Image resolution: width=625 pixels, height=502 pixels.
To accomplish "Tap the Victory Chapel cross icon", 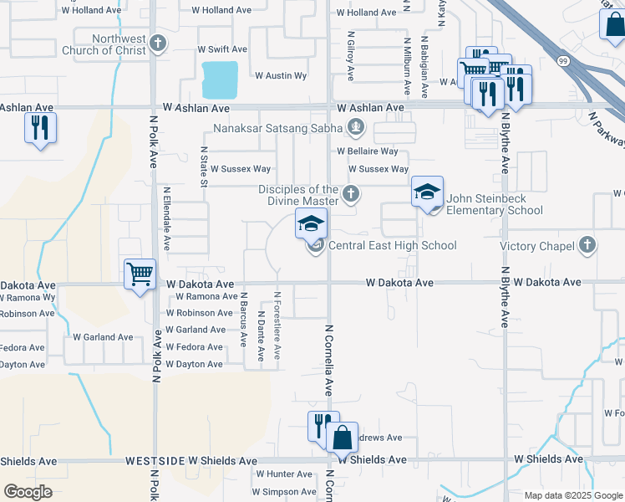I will [x=587, y=245].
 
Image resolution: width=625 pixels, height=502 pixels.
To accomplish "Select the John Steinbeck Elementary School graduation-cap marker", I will [x=427, y=193].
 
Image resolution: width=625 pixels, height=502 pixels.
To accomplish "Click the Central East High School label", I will [x=393, y=245].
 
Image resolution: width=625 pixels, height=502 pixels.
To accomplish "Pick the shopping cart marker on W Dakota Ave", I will [x=140, y=274].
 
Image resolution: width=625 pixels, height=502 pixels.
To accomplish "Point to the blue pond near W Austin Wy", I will [x=220, y=79].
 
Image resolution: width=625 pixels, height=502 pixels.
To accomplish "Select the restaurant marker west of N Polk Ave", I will [x=40, y=128].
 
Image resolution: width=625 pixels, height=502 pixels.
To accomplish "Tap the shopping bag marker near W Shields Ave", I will [x=342, y=438].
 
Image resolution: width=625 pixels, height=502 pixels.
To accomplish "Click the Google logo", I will [x=28, y=492].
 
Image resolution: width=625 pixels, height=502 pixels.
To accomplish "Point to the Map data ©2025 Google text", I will [x=573, y=495].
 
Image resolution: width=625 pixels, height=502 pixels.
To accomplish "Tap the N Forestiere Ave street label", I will [x=278, y=325].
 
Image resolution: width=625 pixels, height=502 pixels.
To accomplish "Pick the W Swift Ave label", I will [x=222, y=50].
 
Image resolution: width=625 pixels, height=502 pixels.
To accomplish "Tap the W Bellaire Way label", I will [x=368, y=151].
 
